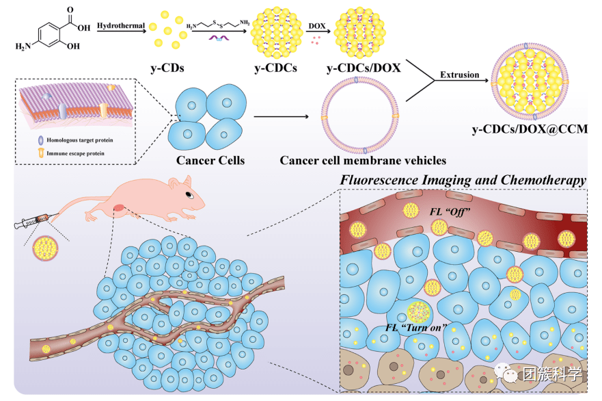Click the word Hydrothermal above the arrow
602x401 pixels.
pyautogui.click(x=121, y=25)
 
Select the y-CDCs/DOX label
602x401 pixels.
pyautogui.click(x=364, y=68)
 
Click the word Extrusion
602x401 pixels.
pyautogui.click(x=460, y=75)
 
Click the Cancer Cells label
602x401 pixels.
pyautogui.click(x=210, y=161)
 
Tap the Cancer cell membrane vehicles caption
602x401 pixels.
pyautogui.click(x=363, y=161)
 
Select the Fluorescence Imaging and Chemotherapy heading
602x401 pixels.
pyautogui.click(x=463, y=180)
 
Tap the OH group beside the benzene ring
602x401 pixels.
pyautogui.click(x=72, y=47)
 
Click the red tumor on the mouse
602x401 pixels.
pyautogui.click(x=120, y=207)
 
